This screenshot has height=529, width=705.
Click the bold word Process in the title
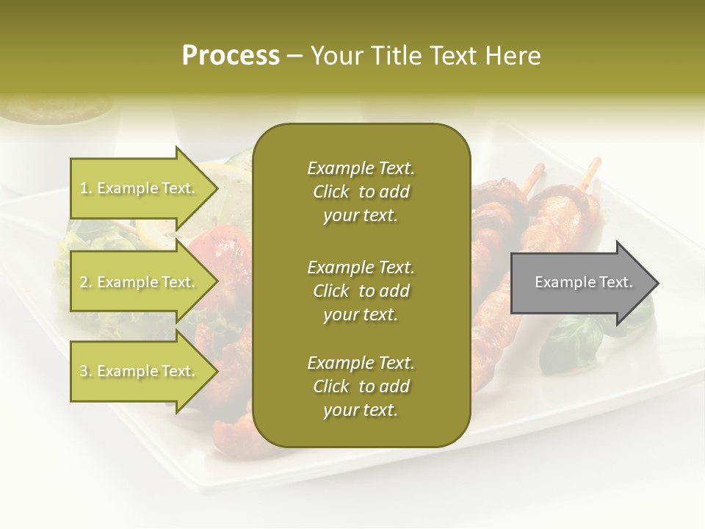(231, 55)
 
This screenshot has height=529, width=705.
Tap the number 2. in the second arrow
(85, 282)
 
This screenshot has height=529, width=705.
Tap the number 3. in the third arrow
(85, 371)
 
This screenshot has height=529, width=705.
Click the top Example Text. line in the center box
(361, 168)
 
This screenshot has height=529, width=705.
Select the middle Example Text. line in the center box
(361, 267)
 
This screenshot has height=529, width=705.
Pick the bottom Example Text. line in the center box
(361, 363)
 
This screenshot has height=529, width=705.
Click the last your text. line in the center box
(361, 410)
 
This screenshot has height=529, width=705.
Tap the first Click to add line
(361, 192)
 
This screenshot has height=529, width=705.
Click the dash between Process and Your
(294, 56)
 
